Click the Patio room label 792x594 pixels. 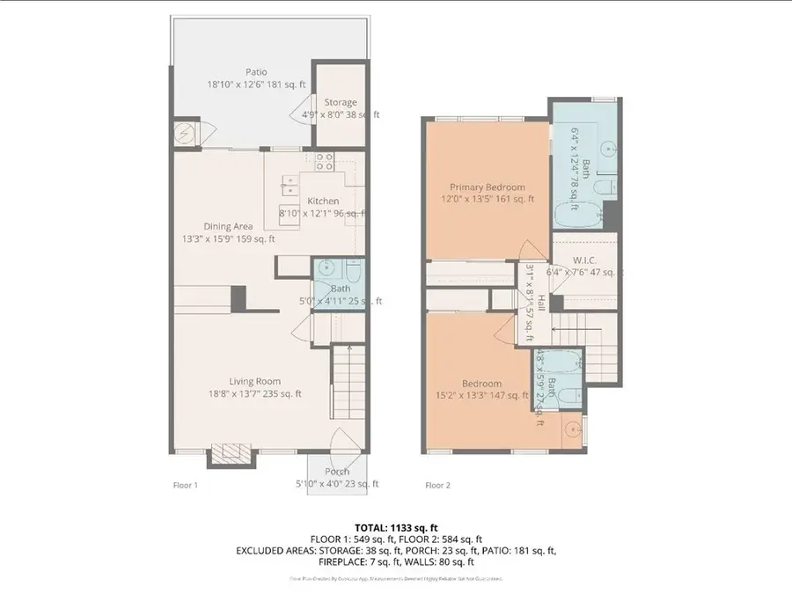click(257, 72)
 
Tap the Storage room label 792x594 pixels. click(340, 102)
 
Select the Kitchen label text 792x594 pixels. click(323, 202)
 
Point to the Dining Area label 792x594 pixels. click(228, 226)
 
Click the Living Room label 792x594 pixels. click(255, 381)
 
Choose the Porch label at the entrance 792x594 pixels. click(336, 472)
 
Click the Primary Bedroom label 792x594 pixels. click(487, 187)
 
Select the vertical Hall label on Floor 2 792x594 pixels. click(542, 304)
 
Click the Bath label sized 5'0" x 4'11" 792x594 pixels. click(340, 288)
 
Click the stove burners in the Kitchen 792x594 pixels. click(324, 161)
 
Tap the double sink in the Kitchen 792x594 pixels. click(290, 185)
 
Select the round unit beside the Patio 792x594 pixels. click(186, 135)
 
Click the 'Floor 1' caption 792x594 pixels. click(186, 485)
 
